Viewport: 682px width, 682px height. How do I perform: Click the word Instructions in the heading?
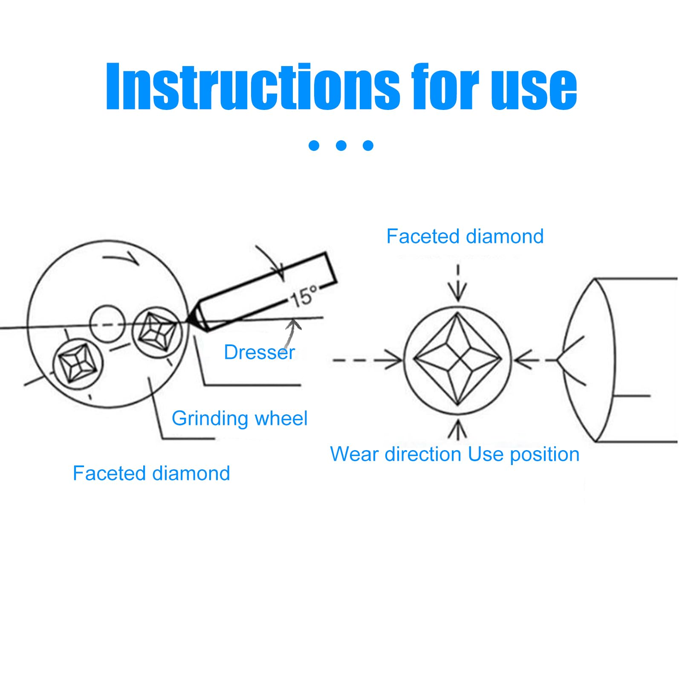[x=252, y=86]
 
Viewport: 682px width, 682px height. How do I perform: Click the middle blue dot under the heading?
[x=341, y=146]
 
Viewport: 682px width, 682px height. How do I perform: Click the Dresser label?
[x=259, y=352]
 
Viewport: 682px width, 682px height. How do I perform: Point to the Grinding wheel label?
[x=239, y=419]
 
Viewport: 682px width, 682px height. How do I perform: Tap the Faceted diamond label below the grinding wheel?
[x=151, y=473]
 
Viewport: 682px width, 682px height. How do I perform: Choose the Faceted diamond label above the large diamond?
[x=465, y=236]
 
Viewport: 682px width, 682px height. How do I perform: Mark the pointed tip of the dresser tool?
[x=187, y=320]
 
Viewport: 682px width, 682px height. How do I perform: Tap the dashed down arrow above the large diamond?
[x=458, y=283]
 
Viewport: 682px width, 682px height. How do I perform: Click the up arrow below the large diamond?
[x=458, y=429]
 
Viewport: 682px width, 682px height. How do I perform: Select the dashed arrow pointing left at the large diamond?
[x=535, y=360]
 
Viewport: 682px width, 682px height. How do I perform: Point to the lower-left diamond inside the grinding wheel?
[x=78, y=364]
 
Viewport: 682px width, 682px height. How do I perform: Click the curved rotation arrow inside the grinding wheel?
[x=121, y=258]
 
